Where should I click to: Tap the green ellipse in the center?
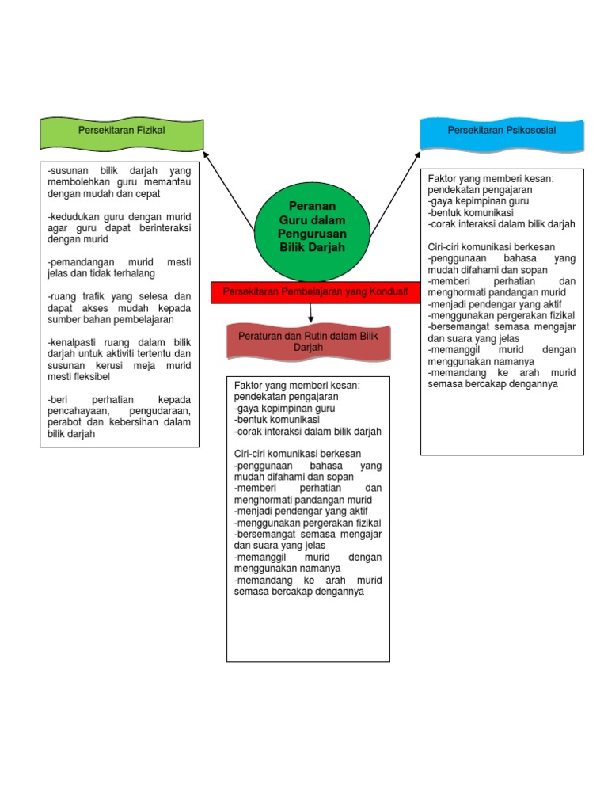pyautogui.click(x=312, y=226)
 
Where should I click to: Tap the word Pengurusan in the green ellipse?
pyautogui.click(x=313, y=234)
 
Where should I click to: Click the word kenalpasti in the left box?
pyautogui.click(x=75, y=343)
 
